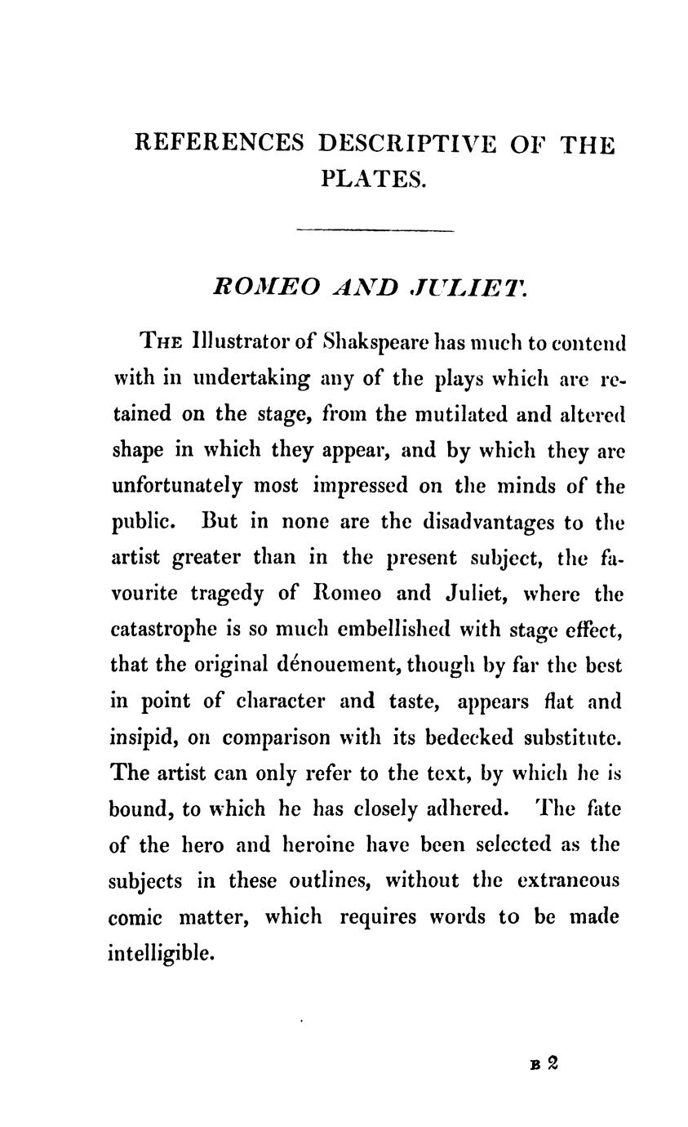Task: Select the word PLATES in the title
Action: (373, 178)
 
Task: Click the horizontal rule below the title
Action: (375, 230)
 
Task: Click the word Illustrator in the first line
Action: (242, 341)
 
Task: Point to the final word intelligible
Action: (160, 952)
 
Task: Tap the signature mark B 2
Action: (544, 1062)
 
